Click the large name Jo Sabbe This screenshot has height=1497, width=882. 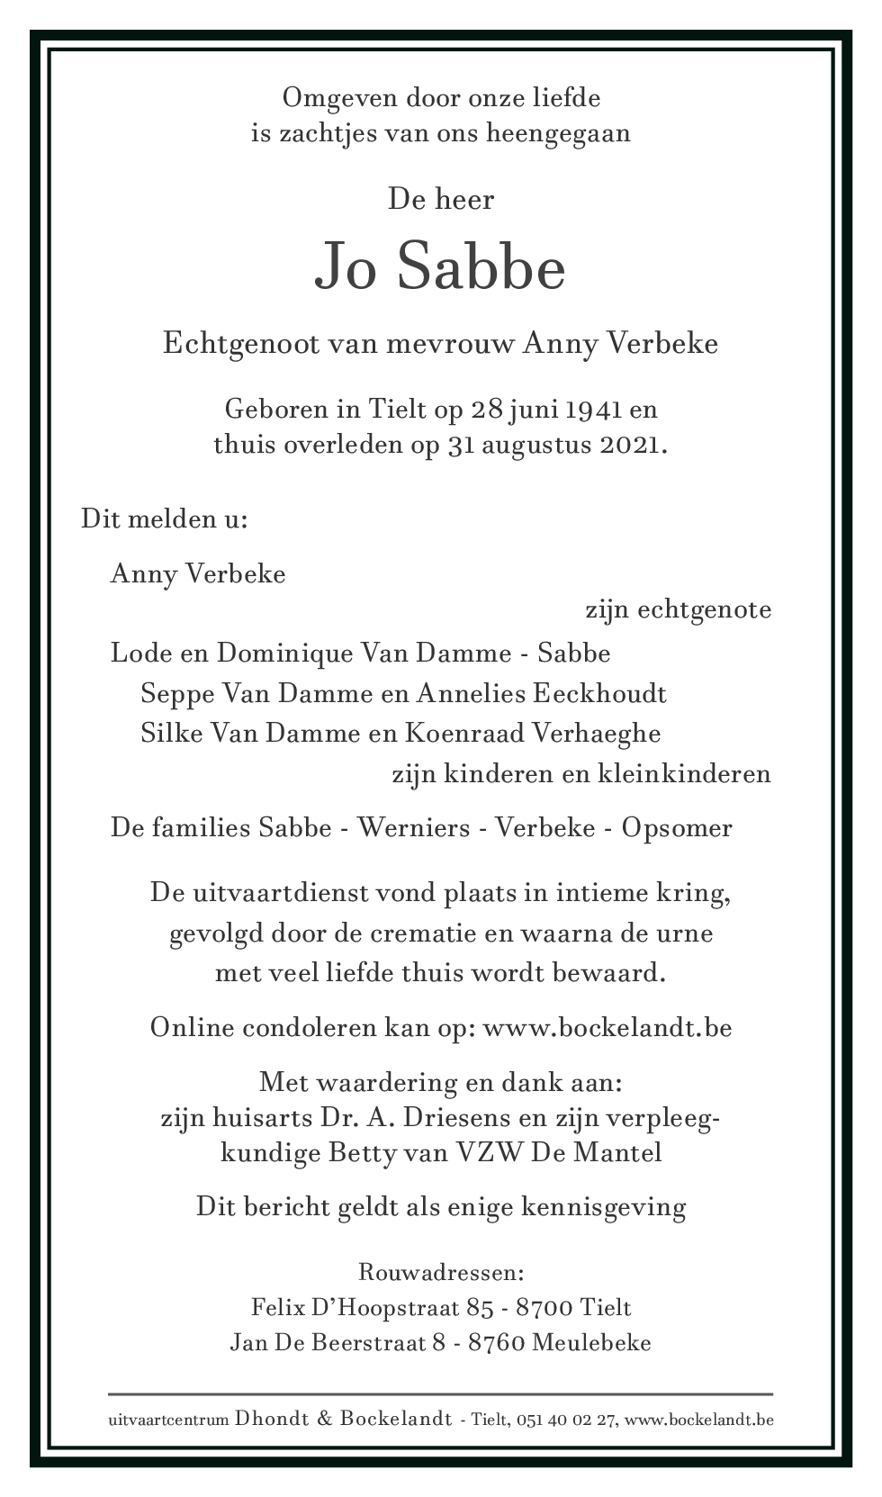point(440,267)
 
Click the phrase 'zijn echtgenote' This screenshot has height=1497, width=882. point(678,609)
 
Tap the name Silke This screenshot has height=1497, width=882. point(166,734)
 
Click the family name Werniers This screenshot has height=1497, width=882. point(414,828)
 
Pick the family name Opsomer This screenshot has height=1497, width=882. point(677,828)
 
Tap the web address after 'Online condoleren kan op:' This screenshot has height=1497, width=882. point(607,1028)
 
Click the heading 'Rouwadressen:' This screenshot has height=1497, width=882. point(441,1273)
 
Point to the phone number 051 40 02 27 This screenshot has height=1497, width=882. point(571,1420)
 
